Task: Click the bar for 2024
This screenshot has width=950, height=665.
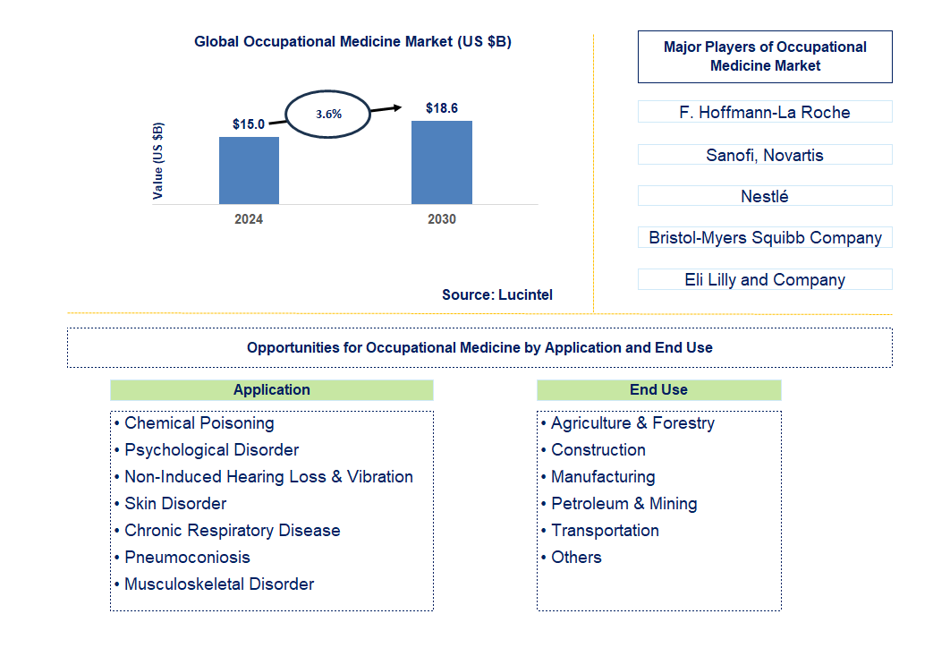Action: (249, 170)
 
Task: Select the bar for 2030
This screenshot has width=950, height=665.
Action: (441, 162)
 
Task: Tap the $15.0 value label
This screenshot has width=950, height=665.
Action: (248, 124)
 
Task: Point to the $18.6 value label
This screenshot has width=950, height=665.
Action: (441, 108)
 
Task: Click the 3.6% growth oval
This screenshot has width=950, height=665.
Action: (327, 115)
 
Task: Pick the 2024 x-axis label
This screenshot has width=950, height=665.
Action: (249, 219)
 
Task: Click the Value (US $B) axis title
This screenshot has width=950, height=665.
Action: (158, 161)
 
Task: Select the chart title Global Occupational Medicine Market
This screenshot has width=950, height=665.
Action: (352, 41)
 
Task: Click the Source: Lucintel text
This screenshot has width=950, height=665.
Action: (496, 294)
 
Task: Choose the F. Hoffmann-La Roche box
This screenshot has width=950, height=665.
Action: (764, 112)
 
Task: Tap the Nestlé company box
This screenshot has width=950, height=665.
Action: (764, 196)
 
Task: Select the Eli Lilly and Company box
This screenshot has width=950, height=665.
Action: (764, 279)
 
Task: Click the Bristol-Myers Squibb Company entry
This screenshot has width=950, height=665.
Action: (764, 237)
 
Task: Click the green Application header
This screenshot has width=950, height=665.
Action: (271, 389)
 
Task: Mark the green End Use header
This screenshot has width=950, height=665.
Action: (658, 389)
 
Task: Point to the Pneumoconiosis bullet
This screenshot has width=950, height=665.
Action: (187, 557)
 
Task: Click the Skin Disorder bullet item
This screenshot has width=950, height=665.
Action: (175, 503)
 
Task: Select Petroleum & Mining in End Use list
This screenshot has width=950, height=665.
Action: (623, 503)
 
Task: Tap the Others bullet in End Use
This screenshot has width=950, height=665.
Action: (576, 557)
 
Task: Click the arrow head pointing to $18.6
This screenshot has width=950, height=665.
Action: (395, 107)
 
